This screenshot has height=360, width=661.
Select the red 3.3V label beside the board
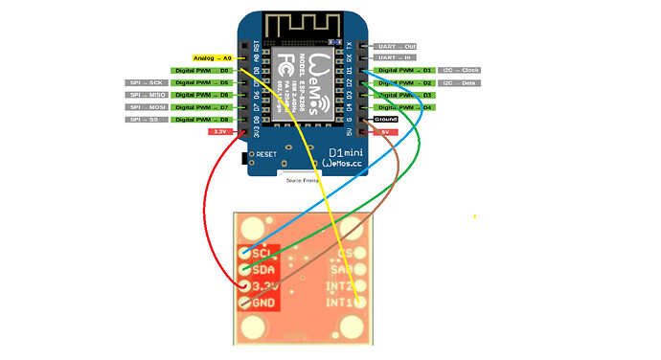219,131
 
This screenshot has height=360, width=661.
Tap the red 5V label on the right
385,131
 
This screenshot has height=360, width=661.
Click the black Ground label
399,120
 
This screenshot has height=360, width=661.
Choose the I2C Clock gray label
460,71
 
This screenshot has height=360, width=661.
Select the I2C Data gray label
460,83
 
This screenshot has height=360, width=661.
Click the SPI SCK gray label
145,83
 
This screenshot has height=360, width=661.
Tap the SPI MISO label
145,95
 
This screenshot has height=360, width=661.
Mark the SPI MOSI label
145,107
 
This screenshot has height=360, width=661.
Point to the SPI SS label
145,120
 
